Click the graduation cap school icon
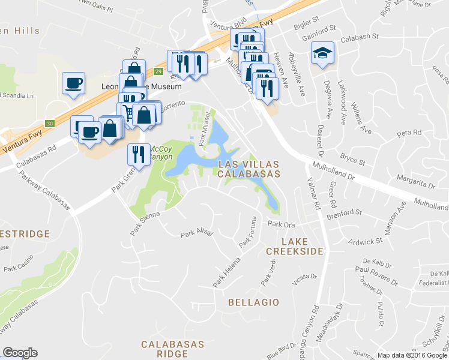[323, 54]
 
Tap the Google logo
[20, 353]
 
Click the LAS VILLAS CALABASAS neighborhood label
[249, 169]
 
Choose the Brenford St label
[344, 213]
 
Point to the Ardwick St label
[366, 242]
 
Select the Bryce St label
[353, 160]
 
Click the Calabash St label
[360, 36]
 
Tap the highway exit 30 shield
[51, 124]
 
